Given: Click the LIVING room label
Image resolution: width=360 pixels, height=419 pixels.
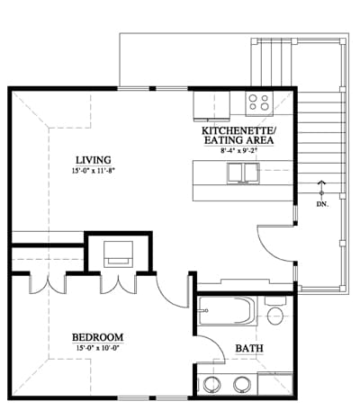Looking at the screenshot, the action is (94, 160).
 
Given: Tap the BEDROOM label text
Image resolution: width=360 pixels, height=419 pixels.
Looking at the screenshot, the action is (97, 337).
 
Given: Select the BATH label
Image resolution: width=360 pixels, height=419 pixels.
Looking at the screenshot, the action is (249, 348).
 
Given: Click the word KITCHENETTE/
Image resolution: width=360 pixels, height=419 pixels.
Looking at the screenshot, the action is (238, 131).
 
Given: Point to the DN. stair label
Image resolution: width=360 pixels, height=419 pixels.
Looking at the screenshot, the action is (322, 205).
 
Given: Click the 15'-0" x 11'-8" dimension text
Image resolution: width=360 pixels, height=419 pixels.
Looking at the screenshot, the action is (94, 171).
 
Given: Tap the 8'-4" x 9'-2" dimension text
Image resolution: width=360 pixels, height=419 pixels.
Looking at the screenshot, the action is (239, 151).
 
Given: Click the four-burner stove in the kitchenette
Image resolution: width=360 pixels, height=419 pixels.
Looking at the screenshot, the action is (259, 103).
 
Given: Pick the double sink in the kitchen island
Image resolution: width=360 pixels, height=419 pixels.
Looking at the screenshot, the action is (243, 173).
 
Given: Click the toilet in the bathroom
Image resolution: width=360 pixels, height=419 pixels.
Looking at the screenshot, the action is (275, 312).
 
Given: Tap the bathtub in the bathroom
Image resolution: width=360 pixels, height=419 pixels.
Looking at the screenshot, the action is (228, 311).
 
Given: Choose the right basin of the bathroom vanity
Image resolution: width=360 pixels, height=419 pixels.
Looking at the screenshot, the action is (242, 385).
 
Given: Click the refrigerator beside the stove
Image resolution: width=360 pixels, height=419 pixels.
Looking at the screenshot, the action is (211, 106).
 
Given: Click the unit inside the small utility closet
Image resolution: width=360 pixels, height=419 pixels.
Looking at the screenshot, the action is (118, 254).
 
